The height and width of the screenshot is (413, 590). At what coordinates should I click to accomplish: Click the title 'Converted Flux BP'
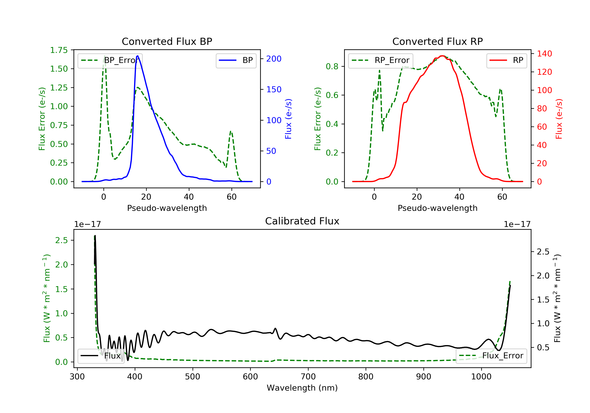coord(167,41)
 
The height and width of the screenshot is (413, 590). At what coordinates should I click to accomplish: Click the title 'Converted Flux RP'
coord(437,41)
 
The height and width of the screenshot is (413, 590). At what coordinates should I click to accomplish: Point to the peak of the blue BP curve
coord(138,56)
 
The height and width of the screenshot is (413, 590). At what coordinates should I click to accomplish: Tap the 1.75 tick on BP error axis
coord(59,50)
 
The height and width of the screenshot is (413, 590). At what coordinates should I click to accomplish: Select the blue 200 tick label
coord(274,59)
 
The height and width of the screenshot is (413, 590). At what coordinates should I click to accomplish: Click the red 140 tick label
coord(544,54)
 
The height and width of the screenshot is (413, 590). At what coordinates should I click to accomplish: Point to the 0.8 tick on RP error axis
coord(332,66)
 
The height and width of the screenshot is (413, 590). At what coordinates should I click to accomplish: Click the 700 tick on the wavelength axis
coord(308,377)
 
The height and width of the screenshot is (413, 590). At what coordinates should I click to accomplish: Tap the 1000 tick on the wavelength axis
coord(481,377)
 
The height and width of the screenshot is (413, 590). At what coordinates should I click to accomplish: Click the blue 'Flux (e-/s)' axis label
coord(288,119)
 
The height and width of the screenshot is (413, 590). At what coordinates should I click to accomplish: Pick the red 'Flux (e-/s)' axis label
coord(559,119)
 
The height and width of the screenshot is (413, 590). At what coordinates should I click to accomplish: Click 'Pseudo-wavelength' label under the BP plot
coord(167,208)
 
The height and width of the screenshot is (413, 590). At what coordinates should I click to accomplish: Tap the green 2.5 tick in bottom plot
coord(61,240)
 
